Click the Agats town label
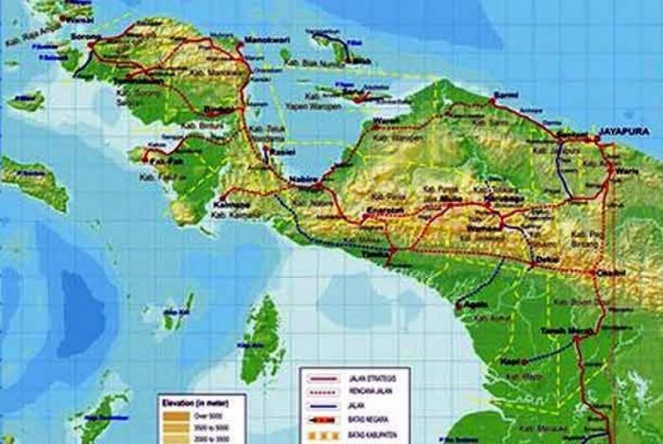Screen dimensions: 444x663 (473, 306)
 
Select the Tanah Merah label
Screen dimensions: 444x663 (560, 331)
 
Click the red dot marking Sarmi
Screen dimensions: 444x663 (493, 98)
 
